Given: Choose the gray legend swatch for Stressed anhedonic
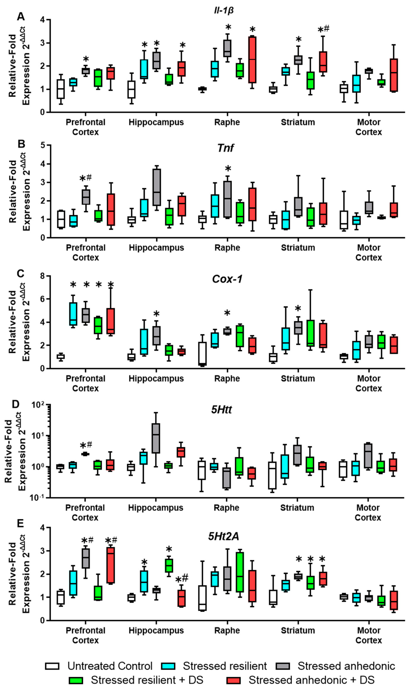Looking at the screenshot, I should click(x=283, y=666).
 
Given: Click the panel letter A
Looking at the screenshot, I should click(x=21, y=17).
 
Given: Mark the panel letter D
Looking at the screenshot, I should click(x=15, y=404).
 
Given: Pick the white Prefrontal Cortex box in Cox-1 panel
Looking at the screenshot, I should click(x=61, y=357).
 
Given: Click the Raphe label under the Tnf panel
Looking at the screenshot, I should click(x=227, y=248).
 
